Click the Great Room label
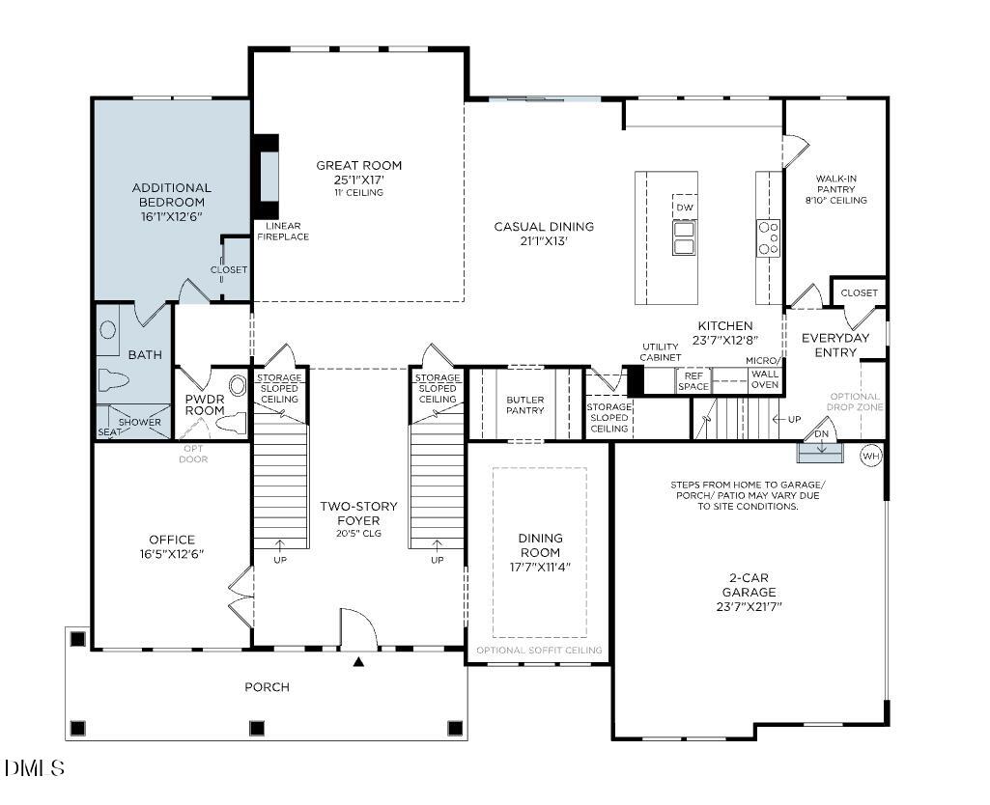click(358, 165)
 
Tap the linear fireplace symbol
click(265, 177)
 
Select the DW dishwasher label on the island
click(684, 208)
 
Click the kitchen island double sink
click(684, 237)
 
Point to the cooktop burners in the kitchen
click(768, 237)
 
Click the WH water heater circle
click(870, 456)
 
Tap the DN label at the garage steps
click(821, 433)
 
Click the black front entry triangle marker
click(358, 662)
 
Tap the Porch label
click(267, 687)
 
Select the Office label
click(172, 540)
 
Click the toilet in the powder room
click(232, 423)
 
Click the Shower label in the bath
click(139, 423)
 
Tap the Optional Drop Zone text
click(855, 401)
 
